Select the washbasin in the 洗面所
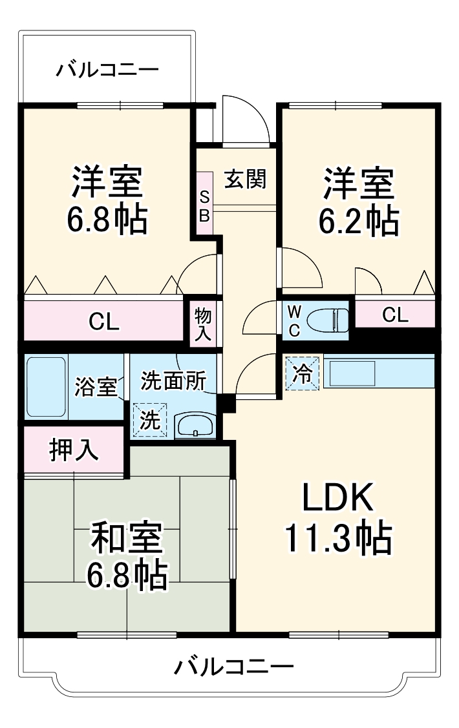click(x=195, y=426)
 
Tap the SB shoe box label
click(x=204, y=206)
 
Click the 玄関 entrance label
click(x=245, y=179)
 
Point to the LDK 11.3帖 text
click(x=337, y=517)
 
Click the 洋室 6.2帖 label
click(x=358, y=201)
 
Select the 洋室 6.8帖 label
click(x=107, y=201)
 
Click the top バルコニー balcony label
click(x=107, y=68)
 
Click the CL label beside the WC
click(x=395, y=315)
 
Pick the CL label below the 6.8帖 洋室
click(x=104, y=322)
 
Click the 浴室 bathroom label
click(x=96, y=387)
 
